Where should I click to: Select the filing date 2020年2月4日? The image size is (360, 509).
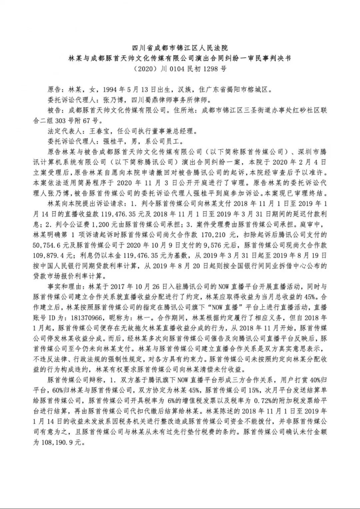point(292,162)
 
